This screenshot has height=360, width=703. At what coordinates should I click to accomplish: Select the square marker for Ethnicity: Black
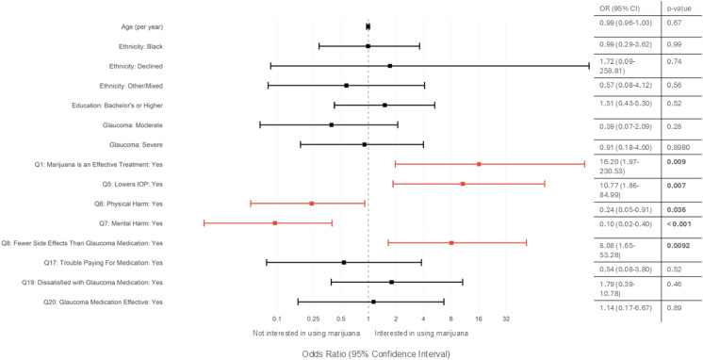(368, 45)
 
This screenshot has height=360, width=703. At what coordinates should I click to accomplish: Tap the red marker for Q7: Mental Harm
(274, 222)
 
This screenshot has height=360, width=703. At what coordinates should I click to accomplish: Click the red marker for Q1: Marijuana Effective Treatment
(479, 164)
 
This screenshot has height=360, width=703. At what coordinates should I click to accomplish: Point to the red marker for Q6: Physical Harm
(311, 204)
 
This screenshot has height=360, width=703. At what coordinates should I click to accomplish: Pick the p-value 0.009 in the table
(676, 162)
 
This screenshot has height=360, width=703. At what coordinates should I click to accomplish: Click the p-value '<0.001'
(678, 223)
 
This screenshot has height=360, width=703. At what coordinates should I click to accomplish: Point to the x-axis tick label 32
(506, 319)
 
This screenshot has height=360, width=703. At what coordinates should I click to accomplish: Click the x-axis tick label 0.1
(276, 319)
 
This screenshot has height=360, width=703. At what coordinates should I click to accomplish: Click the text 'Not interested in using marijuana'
(306, 333)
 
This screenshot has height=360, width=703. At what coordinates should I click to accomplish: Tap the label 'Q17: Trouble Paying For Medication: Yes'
(102, 262)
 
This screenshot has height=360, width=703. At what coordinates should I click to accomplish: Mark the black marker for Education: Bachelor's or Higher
(384, 105)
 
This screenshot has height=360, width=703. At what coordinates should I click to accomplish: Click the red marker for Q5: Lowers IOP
(463, 184)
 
